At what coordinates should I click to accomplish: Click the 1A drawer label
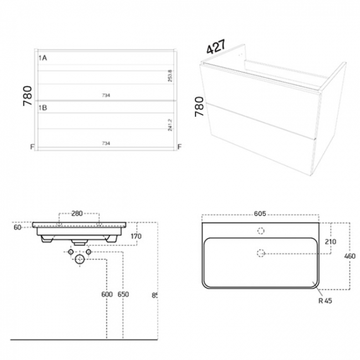[42, 58]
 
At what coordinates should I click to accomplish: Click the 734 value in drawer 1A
[106, 95]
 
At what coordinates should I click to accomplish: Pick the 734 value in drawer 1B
[106, 143]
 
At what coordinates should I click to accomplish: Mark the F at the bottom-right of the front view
[179, 147]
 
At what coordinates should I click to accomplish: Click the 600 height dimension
[106, 295]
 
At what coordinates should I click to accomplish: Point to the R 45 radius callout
[325, 301]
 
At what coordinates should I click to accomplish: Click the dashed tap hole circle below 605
[261, 231]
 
